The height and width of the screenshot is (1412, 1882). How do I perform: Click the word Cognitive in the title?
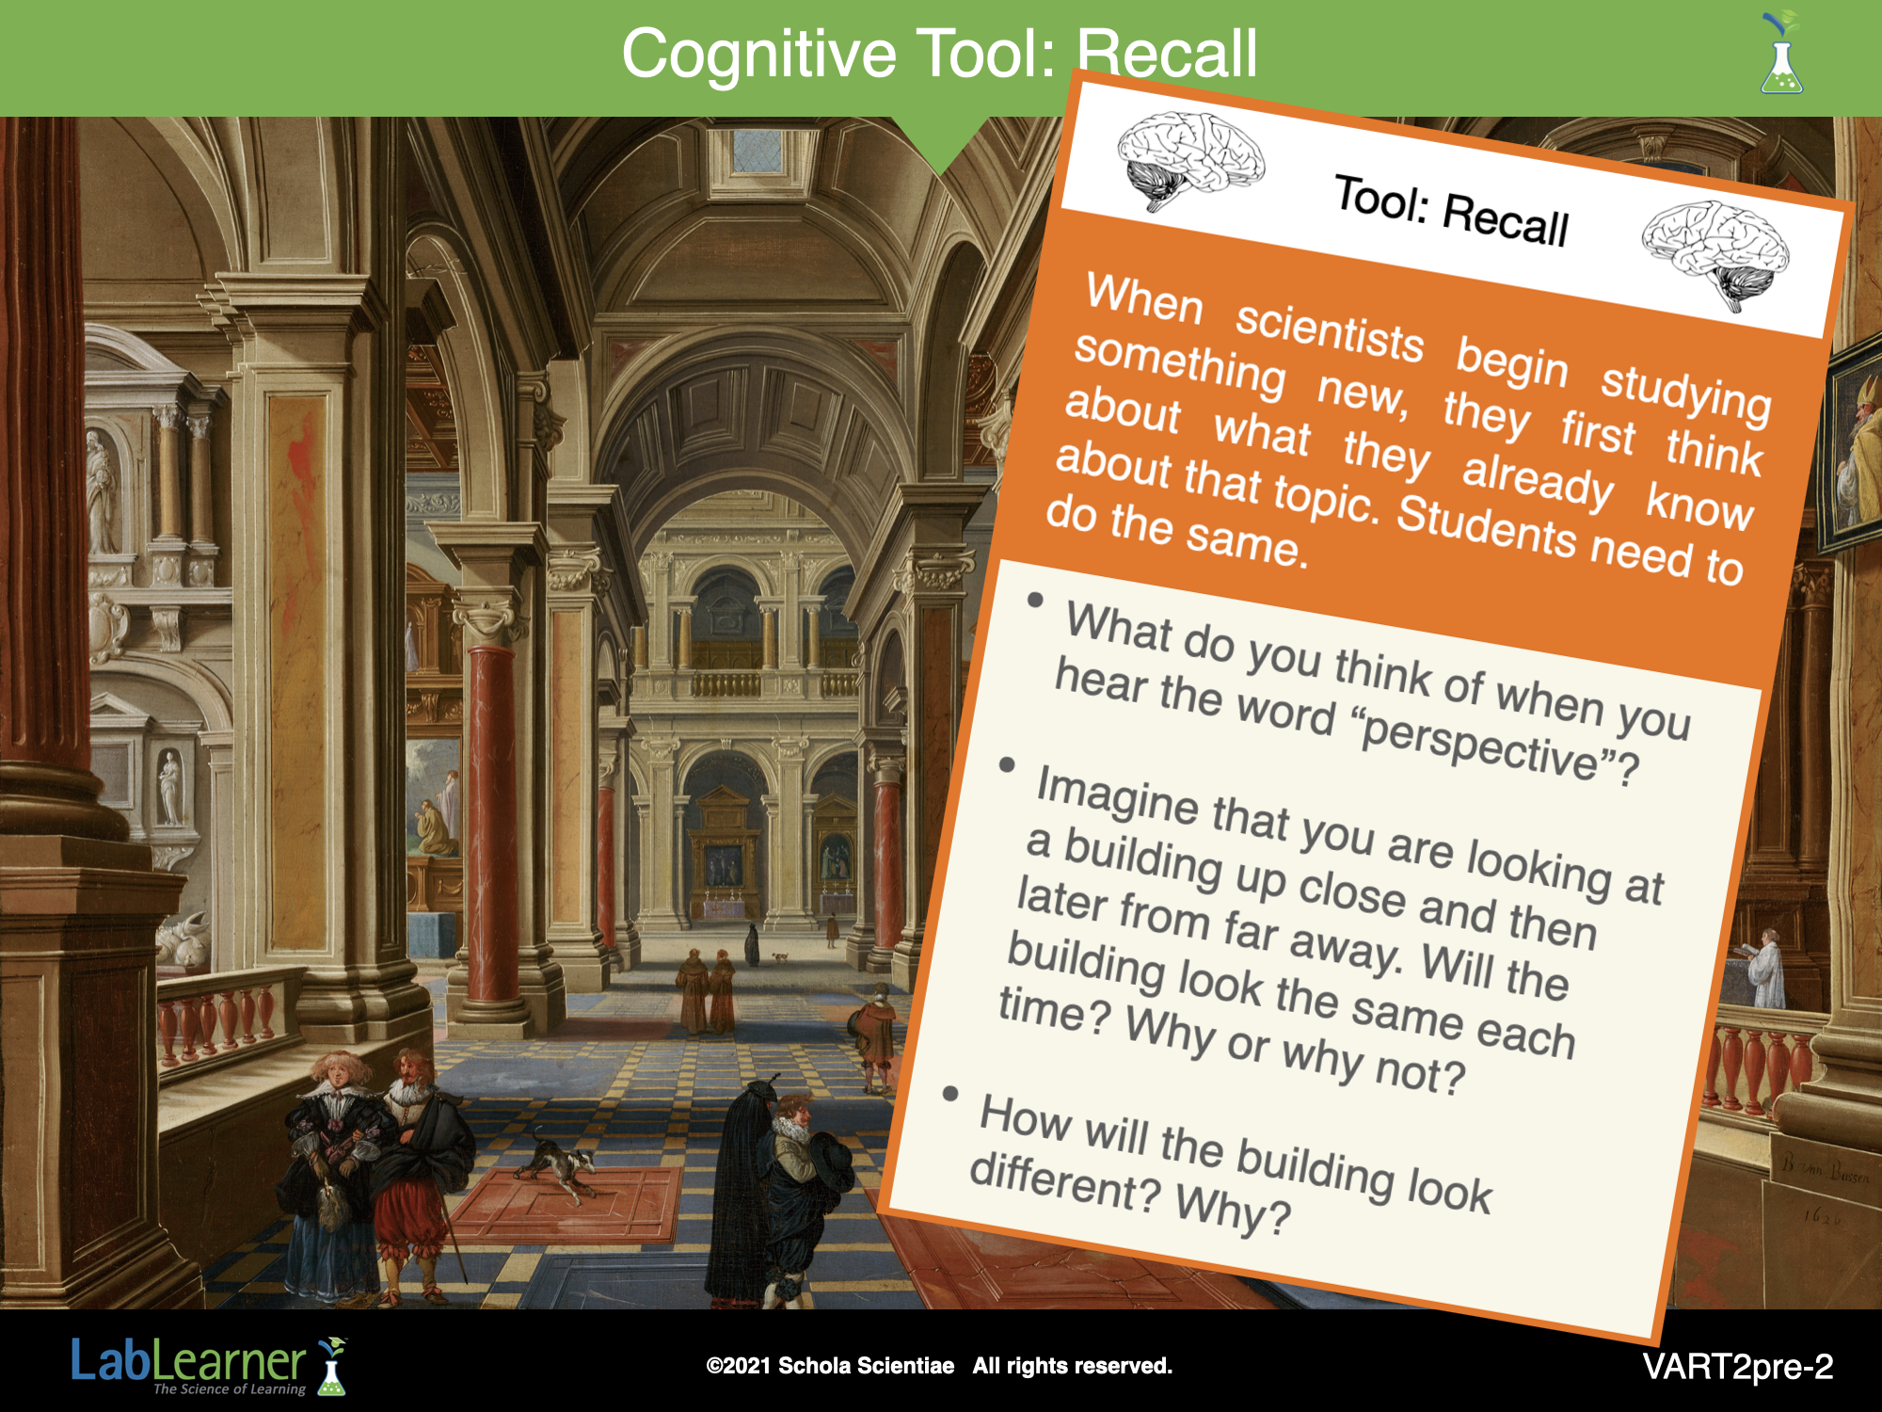click(x=758, y=55)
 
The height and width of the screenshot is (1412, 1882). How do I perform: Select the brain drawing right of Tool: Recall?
click(x=1715, y=252)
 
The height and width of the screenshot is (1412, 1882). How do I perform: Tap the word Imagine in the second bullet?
click(x=1117, y=796)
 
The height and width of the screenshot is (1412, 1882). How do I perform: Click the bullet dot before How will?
click(x=950, y=1093)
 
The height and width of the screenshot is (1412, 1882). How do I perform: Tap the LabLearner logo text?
click(x=188, y=1361)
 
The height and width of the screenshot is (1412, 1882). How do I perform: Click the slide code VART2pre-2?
click(x=1738, y=1366)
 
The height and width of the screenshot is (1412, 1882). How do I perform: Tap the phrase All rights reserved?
click(x=1073, y=1366)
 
